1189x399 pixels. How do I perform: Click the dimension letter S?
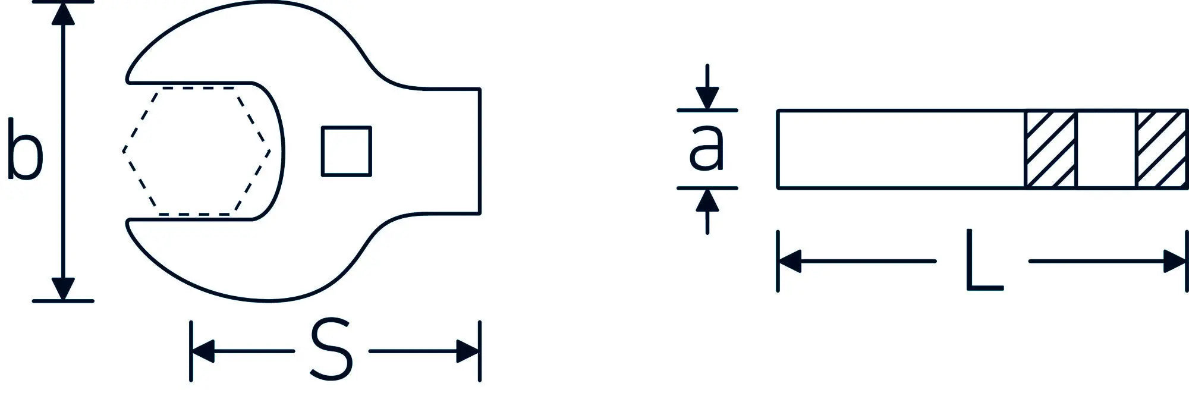coord(332,350)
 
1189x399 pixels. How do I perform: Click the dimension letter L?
coord(984,260)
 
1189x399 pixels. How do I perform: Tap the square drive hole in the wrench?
coord(347,151)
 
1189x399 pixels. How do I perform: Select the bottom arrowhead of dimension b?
coord(63,289)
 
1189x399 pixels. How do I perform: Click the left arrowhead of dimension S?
coord(203,351)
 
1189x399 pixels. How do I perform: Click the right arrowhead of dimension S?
coord(468,351)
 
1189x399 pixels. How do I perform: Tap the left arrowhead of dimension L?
coord(789,261)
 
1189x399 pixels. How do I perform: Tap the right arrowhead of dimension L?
coord(1175,261)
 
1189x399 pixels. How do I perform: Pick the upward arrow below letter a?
coord(707,211)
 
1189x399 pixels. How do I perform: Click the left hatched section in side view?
coord(1050,149)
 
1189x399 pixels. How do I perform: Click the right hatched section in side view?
coord(1162,149)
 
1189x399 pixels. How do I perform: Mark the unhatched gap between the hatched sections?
coord(1106,149)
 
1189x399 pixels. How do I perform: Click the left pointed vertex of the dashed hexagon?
coord(123,151)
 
